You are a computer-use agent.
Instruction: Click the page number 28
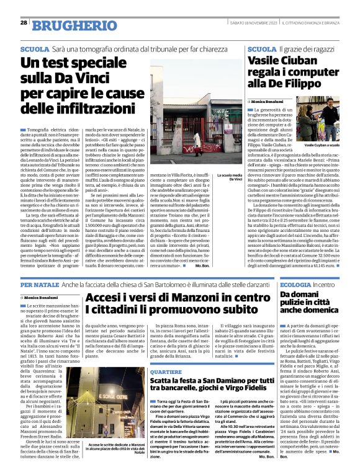23,22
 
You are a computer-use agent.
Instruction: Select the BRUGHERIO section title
66,24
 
